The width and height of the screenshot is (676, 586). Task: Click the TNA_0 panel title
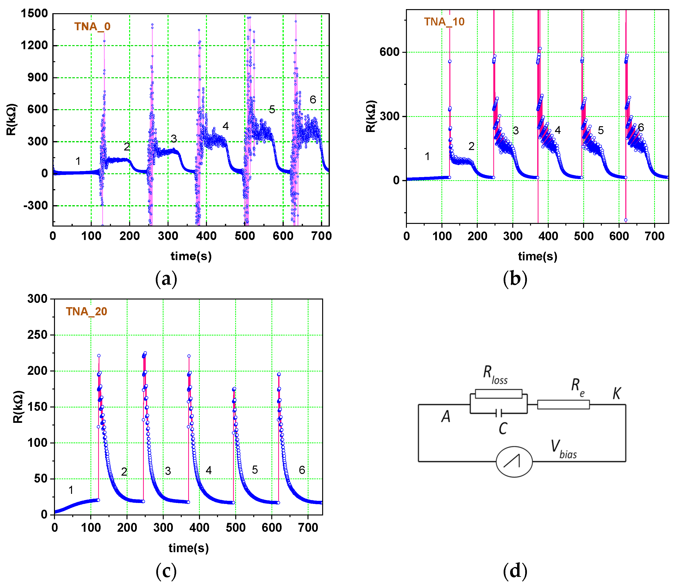tap(92, 26)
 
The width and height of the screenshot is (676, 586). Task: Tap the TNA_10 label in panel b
tap(444, 22)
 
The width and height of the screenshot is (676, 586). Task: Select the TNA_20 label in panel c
tap(86, 311)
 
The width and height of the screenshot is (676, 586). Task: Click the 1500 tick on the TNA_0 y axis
tap(34, 13)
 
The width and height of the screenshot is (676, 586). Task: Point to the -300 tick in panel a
tap(35, 206)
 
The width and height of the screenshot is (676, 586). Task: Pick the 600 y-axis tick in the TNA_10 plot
tap(389, 52)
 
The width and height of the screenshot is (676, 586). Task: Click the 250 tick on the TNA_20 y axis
tap(37, 335)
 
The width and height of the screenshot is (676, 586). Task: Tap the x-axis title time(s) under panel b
tap(537, 256)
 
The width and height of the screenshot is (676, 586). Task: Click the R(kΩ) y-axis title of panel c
tap(18, 407)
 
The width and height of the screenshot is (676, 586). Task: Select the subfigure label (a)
tap(166, 279)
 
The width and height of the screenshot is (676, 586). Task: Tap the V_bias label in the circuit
tap(563, 450)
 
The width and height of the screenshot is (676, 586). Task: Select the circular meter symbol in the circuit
tap(514, 462)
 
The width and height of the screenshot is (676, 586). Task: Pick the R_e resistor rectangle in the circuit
tap(563, 405)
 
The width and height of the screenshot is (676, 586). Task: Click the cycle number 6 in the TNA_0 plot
tap(313, 100)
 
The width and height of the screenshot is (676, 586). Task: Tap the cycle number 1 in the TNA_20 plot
tap(71, 490)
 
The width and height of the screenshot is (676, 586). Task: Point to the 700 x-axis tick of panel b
tap(654, 236)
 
